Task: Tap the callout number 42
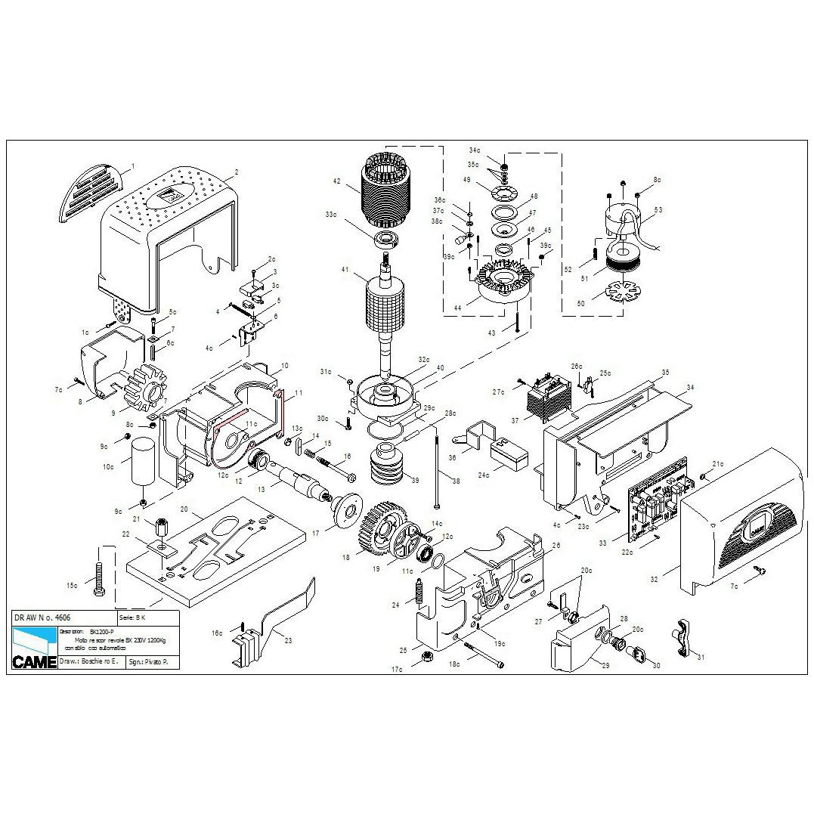coord(337,181)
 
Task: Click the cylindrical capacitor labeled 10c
coord(143,463)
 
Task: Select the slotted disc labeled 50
coord(619,291)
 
